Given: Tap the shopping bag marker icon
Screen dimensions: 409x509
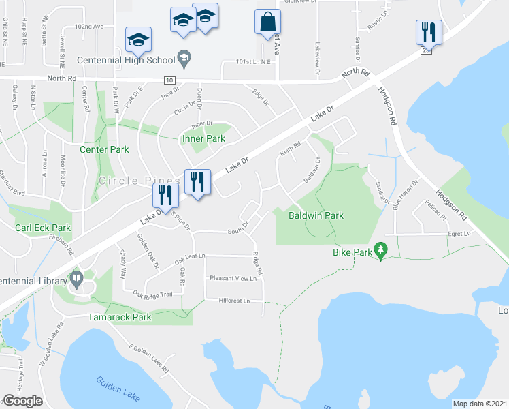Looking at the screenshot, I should [x=267, y=21].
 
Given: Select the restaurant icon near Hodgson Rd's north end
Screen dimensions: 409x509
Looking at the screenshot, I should [x=429, y=31].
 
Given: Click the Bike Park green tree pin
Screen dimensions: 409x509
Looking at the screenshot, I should [x=381, y=251].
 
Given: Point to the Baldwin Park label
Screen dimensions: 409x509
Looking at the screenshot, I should [x=316, y=215].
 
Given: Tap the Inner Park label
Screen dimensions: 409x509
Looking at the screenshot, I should [x=203, y=139].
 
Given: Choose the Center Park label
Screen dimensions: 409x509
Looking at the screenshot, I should [x=104, y=149].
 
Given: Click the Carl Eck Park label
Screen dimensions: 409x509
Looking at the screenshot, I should [x=43, y=228].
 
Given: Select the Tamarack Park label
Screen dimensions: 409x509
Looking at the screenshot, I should [x=120, y=317].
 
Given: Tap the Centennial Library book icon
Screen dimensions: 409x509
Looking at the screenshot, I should [x=76, y=279].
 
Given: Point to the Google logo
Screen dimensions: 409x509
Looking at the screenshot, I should [x=22, y=401].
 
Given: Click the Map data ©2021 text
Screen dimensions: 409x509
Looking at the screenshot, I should [x=480, y=403].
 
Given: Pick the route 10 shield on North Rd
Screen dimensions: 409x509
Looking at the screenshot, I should [x=168, y=80].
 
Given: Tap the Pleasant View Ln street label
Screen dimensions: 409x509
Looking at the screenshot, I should [x=233, y=278].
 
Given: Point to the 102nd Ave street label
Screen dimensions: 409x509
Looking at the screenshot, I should [x=89, y=26].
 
